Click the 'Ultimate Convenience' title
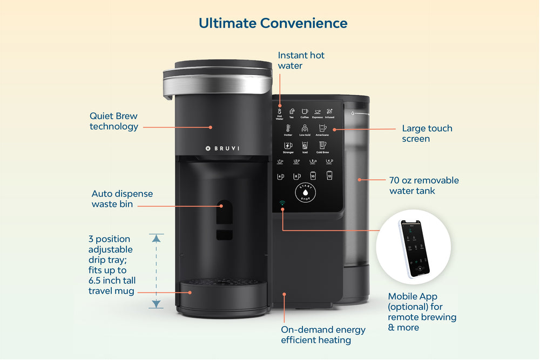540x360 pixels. coord(273,23)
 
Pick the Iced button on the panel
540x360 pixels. coord(305,146)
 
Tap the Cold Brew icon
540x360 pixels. coord(322,146)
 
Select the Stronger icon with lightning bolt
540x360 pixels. coord(288,146)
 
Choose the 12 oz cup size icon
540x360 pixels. coord(329,175)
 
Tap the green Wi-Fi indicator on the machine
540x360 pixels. coord(282,204)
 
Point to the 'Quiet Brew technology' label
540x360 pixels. coord(114,121)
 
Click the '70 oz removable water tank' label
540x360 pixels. coord(424,185)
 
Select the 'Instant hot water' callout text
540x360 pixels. coord(301,60)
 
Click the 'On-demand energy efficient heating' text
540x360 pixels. coord(323,335)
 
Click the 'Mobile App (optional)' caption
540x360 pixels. coord(422,311)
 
